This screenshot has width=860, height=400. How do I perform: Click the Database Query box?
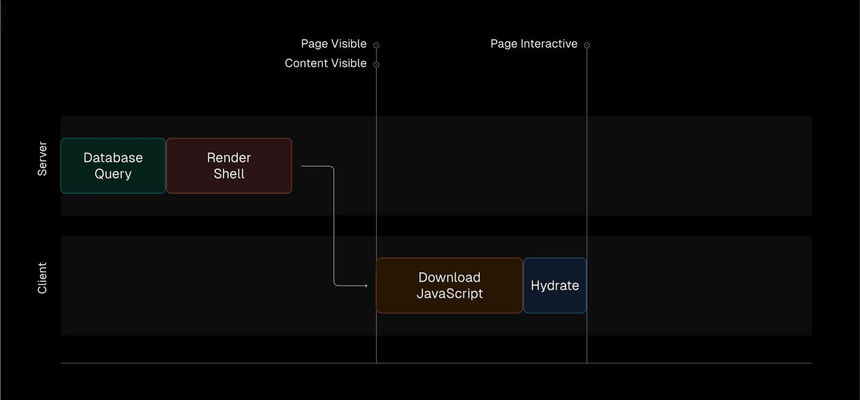coord(113,166)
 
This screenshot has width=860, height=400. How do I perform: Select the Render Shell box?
coord(229,166)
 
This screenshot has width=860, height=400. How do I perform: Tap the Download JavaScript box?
coord(449,285)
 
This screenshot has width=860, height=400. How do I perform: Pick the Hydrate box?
coord(555,285)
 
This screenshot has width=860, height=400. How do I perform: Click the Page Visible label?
coord(334,44)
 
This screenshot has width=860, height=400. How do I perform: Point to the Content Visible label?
coord(326,63)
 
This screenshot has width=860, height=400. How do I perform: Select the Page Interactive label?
coord(534,44)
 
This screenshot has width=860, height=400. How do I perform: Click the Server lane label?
coord(42,159)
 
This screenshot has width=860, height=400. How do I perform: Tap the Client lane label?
coord(42,278)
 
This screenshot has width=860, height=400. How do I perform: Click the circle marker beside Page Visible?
coord(376,45)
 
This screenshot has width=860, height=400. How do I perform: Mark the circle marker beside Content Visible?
coord(376,65)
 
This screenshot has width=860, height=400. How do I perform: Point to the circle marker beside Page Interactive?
coord(587,45)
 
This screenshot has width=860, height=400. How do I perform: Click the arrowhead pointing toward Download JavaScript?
coord(366,285)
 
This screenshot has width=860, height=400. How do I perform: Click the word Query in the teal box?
coord(113,174)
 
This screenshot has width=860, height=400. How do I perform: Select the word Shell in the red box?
coord(229,174)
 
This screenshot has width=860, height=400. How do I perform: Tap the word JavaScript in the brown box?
coord(450,294)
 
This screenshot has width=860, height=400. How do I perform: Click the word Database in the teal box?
coord(113,158)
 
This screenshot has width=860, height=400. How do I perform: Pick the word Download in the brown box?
coord(449,277)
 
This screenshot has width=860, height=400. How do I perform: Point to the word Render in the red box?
coord(229,158)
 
